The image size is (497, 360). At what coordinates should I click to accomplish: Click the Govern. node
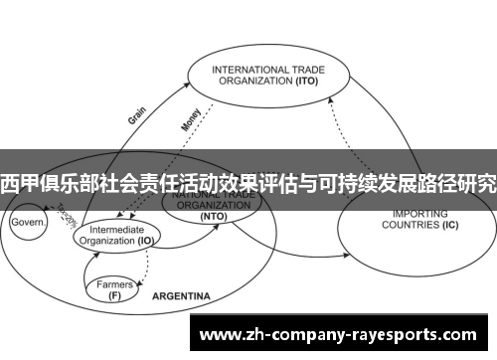pos(29,224)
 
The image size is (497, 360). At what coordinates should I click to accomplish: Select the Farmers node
pos(114,284)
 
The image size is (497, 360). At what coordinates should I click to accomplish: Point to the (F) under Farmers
pos(115,295)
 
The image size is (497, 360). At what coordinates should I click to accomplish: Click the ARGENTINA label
pos(180,296)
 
